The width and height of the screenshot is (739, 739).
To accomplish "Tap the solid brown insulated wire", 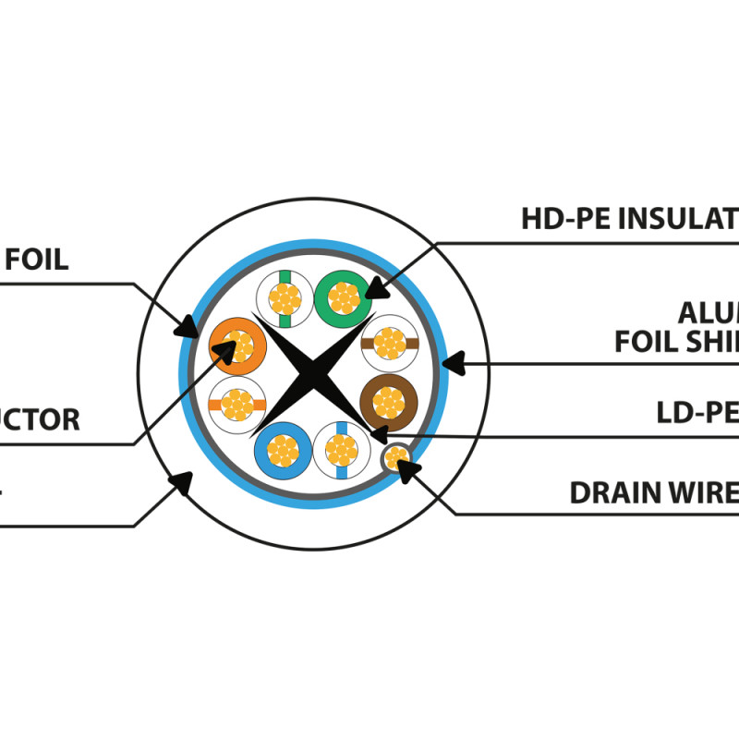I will (388, 403).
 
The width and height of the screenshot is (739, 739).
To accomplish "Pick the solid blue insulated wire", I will (281, 450).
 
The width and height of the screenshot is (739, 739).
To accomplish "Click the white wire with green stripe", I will (285, 297).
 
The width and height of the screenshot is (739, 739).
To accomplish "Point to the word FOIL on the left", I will (37, 260).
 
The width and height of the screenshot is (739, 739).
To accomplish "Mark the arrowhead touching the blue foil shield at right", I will (450, 363).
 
